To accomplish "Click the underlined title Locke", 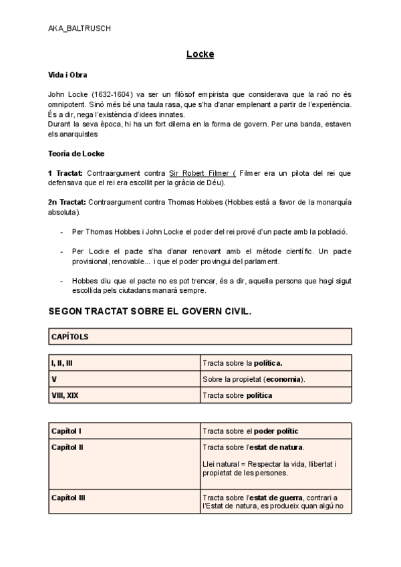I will [x=200, y=53].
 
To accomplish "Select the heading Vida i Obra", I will [x=68, y=75].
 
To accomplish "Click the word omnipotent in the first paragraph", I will [x=70, y=104].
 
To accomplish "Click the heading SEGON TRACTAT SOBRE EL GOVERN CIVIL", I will [x=150, y=312].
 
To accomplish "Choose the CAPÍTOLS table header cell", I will [x=70, y=337].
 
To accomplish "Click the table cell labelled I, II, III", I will [x=61, y=363].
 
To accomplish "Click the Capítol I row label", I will [x=66, y=431].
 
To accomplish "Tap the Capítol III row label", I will [x=68, y=497].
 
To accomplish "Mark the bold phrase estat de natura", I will [x=285, y=447].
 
